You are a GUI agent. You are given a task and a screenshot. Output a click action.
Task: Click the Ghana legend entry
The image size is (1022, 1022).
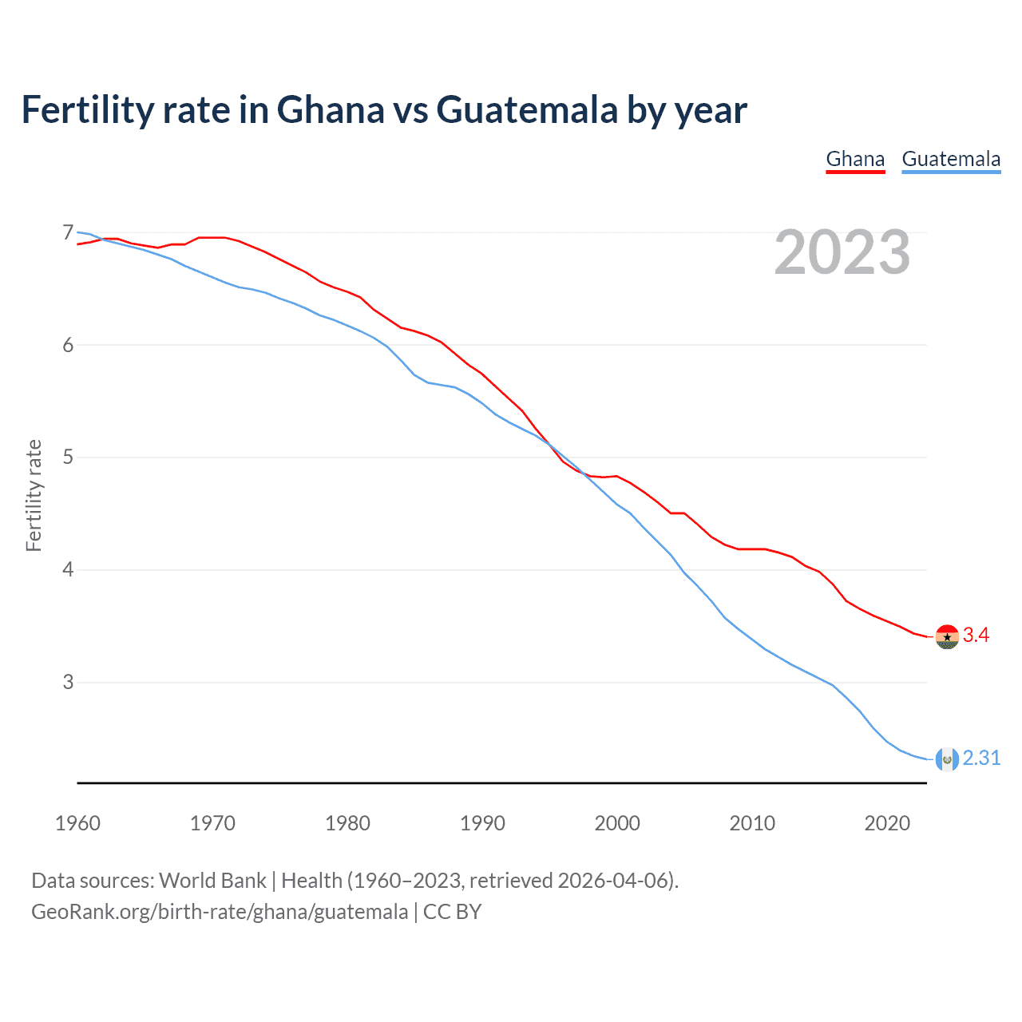855,159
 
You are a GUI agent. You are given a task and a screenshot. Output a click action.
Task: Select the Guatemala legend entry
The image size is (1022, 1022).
951,159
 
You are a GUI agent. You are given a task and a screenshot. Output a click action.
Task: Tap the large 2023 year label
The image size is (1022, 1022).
842,252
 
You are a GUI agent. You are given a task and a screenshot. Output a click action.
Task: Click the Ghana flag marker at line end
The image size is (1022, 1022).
947,636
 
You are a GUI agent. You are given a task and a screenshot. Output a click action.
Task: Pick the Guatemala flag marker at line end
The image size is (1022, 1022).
947,759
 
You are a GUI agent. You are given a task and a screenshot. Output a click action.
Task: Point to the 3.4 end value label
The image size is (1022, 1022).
976,636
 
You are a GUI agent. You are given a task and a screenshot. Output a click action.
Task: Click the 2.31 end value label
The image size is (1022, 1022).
981,759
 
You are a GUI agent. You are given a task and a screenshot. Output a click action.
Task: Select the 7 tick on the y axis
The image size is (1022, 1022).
68,233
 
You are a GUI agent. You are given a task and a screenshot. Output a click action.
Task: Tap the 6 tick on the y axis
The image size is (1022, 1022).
68,345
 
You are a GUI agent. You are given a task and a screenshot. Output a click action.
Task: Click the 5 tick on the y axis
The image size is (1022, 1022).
68,458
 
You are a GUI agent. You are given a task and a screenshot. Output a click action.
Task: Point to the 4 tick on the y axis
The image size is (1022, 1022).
68,570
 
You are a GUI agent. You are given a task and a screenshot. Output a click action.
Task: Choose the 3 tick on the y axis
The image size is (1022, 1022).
68,683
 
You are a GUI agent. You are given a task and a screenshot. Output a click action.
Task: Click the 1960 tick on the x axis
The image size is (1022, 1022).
77,823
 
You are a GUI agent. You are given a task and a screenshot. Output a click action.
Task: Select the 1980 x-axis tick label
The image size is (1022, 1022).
347,823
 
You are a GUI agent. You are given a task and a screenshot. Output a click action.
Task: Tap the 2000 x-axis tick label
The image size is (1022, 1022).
617,823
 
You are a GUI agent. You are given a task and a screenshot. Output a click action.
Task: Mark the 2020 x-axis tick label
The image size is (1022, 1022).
887,823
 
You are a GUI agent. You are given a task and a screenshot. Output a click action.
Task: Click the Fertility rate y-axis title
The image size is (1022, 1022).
34,495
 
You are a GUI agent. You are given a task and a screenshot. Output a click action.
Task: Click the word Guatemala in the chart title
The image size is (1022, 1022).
527,110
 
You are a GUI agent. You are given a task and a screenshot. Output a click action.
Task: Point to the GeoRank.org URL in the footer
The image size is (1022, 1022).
220,912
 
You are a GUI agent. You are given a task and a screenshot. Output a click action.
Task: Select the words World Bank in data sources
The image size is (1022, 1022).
212,881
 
